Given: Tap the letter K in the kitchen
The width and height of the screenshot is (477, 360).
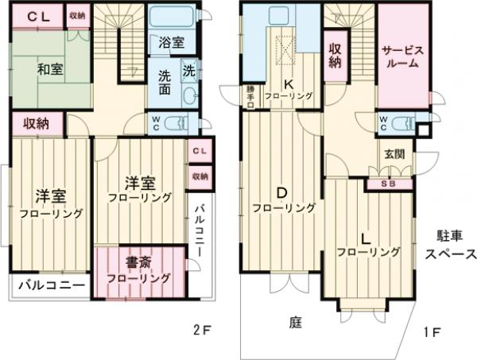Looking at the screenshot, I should [x=289, y=83].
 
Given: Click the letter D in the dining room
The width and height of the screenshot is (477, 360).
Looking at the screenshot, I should [x=281, y=192].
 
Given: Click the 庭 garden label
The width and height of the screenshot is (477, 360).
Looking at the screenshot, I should [x=295, y=322].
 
